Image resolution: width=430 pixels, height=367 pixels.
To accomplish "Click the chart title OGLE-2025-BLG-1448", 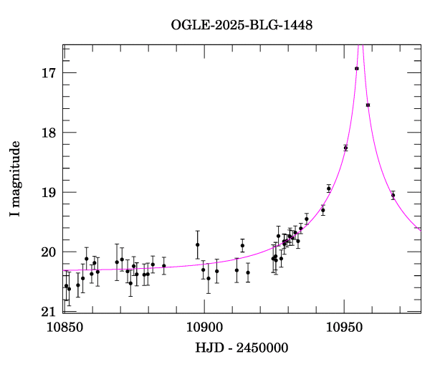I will click(242, 25).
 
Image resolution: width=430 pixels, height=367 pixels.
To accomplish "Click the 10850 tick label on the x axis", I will click(64, 327).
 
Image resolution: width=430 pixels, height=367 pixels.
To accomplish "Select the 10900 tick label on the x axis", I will click(204, 327).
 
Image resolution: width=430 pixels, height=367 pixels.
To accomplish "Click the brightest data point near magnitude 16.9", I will click(357, 69).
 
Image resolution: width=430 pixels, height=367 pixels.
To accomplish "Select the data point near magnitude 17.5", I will click(368, 105).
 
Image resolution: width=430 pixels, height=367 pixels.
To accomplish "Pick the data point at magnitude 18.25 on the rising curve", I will click(345, 148).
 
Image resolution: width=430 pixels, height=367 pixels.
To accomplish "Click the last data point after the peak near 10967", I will click(393, 195).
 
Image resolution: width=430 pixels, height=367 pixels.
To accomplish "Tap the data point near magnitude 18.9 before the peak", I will click(329, 189).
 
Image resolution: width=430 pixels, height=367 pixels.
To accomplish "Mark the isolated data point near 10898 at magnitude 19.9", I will click(198, 245).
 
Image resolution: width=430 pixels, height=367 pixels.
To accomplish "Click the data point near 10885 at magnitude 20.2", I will click(164, 266).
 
